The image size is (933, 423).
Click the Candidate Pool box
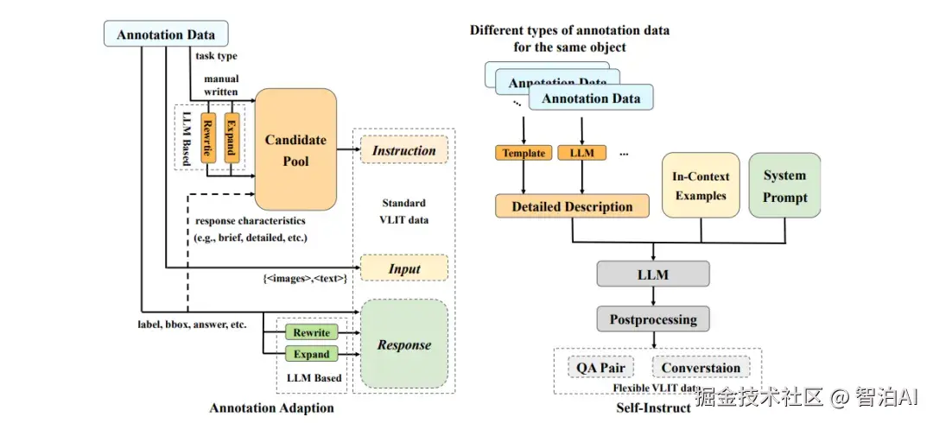(295, 150)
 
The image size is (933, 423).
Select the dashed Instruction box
(403, 150)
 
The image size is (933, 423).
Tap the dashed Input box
(403, 268)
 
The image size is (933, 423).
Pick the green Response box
(403, 344)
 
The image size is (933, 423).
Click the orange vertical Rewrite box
(207, 136)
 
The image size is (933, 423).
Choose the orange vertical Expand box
(231, 136)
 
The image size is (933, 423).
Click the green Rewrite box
(311, 332)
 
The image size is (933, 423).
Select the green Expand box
(311, 354)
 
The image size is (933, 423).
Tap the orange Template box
(524, 153)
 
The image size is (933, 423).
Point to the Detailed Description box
(572, 206)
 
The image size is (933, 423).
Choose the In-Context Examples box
(701, 186)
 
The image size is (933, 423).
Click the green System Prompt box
(784, 186)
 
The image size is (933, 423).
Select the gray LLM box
(653, 274)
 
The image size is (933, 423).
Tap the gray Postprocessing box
(653, 319)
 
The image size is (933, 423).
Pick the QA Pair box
(600, 367)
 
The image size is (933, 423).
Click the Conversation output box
(701, 367)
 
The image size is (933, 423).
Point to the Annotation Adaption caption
(271, 407)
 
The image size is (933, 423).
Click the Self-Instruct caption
(653, 407)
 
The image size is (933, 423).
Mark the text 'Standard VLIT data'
(403, 211)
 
